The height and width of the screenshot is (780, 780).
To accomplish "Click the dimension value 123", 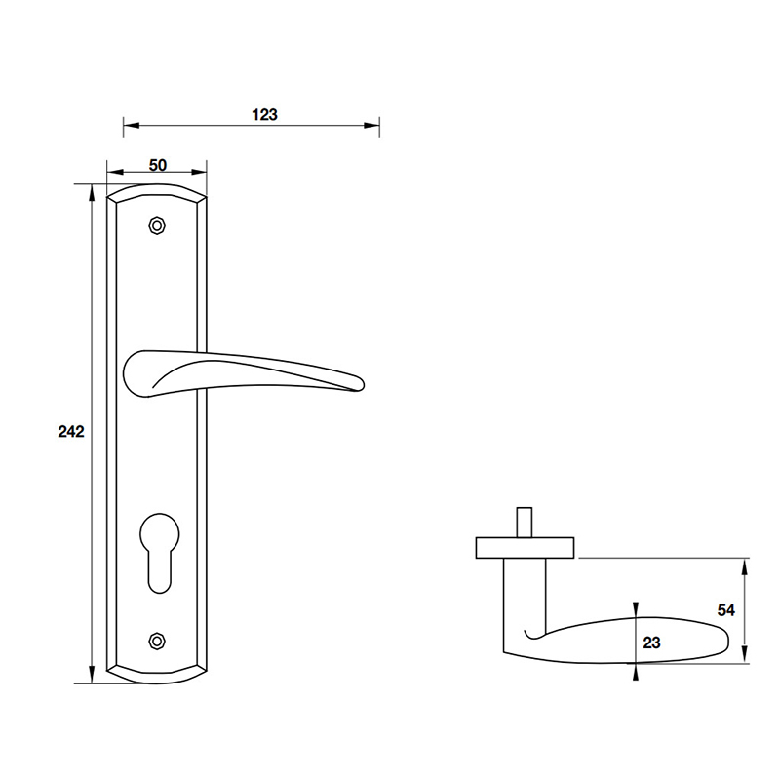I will [264, 114].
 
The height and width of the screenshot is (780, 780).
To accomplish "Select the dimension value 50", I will [157, 166].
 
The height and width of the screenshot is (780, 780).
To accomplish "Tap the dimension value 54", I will [725, 610].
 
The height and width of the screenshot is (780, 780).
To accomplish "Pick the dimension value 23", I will [652, 642].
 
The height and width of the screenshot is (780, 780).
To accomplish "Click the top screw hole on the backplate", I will [156, 226].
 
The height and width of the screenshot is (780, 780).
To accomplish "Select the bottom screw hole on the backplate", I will [156, 641].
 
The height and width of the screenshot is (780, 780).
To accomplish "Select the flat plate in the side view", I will [526, 548].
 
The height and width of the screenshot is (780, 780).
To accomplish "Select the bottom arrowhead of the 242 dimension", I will [93, 677].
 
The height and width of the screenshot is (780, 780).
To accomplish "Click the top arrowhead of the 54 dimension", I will [746, 565].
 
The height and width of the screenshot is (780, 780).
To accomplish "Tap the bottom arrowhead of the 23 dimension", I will [636, 669].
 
